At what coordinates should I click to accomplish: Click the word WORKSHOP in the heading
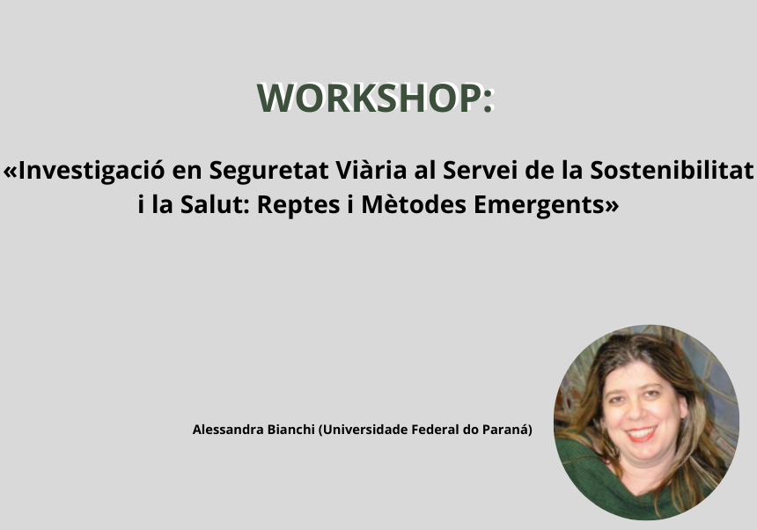pyautogui.click(x=369, y=98)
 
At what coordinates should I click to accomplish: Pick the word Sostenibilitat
pyautogui.click(x=672, y=170)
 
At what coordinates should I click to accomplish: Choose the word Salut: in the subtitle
pyautogui.click(x=215, y=204)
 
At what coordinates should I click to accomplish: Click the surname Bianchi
pyautogui.click(x=291, y=429)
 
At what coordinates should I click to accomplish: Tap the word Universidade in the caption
pyautogui.click(x=364, y=430)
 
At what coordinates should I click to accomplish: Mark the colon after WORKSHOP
pyautogui.click(x=488, y=99)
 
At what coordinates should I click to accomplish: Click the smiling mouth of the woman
pyautogui.click(x=641, y=434)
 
